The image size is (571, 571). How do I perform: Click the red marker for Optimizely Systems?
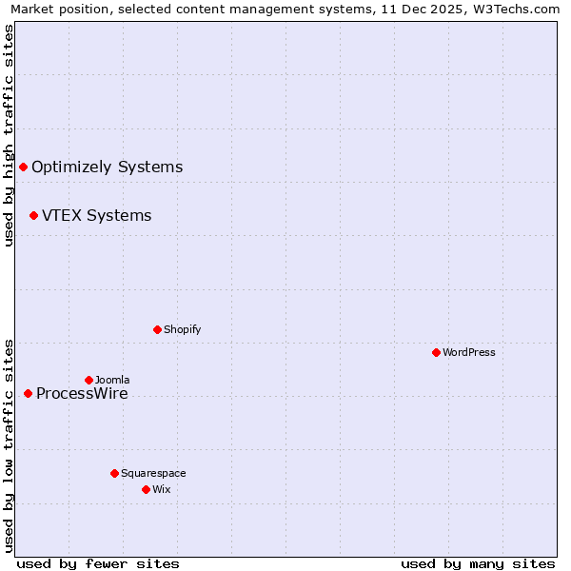23,167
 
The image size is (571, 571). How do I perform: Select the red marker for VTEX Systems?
33,216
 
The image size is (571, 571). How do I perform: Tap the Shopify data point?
157,329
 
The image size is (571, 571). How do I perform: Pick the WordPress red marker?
436,352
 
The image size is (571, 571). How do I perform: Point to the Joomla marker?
89,380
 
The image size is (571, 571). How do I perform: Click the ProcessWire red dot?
28,393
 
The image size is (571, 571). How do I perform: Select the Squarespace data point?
114,473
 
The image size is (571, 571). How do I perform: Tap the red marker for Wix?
146,489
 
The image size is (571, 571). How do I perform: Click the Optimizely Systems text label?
107,167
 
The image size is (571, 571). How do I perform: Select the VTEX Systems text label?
96,216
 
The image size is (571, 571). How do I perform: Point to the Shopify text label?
182,329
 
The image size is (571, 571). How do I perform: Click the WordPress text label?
469,352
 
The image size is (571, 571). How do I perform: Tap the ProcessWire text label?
82,394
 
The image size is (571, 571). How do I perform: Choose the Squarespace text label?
153,473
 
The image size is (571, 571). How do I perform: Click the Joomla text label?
112,380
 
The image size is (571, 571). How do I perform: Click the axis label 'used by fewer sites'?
98,563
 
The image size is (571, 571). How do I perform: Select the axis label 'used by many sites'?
478,563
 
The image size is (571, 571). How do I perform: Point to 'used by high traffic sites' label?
9,135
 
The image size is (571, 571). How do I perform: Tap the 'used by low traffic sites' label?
9,445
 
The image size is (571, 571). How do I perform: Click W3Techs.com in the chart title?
516,10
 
